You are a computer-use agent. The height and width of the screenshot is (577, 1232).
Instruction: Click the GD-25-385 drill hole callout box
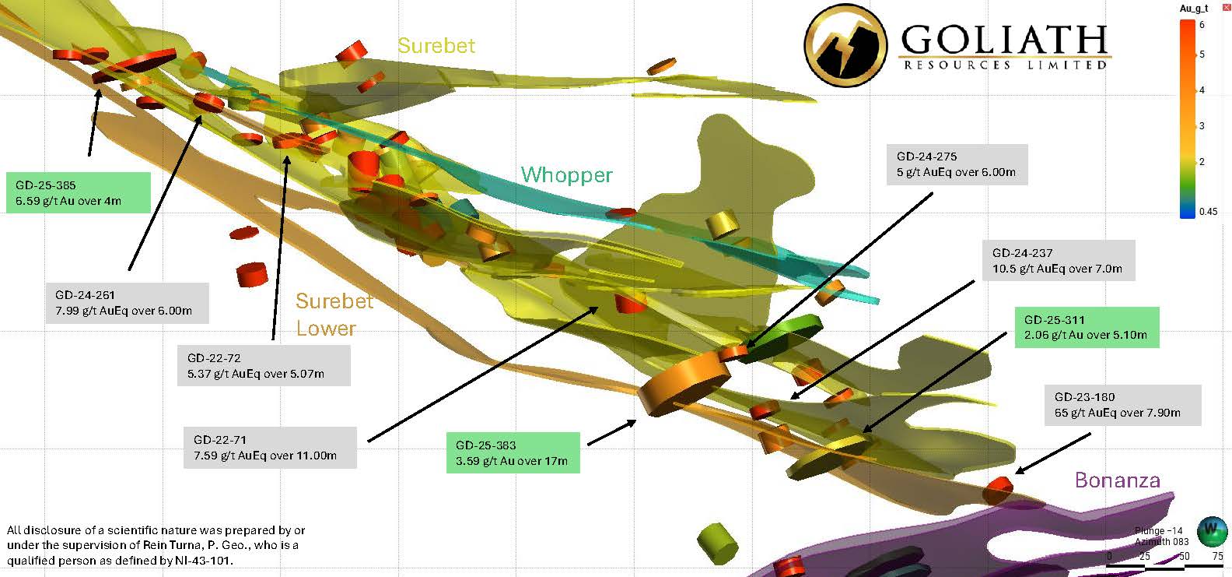point(78,193)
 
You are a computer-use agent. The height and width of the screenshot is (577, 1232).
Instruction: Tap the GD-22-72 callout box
point(264,366)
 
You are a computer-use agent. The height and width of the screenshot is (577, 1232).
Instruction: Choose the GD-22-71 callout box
point(270,448)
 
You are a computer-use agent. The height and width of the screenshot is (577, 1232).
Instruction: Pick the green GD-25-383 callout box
point(513,453)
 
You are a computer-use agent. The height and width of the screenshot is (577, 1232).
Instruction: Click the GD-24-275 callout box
point(957,164)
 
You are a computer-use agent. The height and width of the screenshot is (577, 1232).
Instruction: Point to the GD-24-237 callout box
point(1057,261)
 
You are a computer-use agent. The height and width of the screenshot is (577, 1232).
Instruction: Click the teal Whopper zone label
point(566,175)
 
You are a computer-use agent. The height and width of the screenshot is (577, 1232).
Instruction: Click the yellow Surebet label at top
point(436,46)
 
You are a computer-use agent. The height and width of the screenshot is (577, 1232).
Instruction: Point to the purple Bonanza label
point(1117,480)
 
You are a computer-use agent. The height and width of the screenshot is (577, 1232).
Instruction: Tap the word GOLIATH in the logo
point(1003,39)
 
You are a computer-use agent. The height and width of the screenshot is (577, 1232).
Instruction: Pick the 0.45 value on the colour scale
point(1208,212)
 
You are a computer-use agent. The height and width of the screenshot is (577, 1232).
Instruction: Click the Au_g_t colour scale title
point(1194,9)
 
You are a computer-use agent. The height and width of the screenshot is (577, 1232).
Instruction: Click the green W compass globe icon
point(1210,530)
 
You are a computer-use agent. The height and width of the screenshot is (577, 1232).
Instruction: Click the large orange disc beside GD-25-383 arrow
point(684,382)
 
